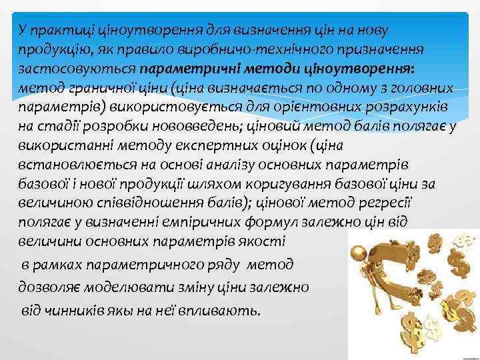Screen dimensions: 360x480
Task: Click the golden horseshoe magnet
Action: pyautogui.click(x=383, y=267)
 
